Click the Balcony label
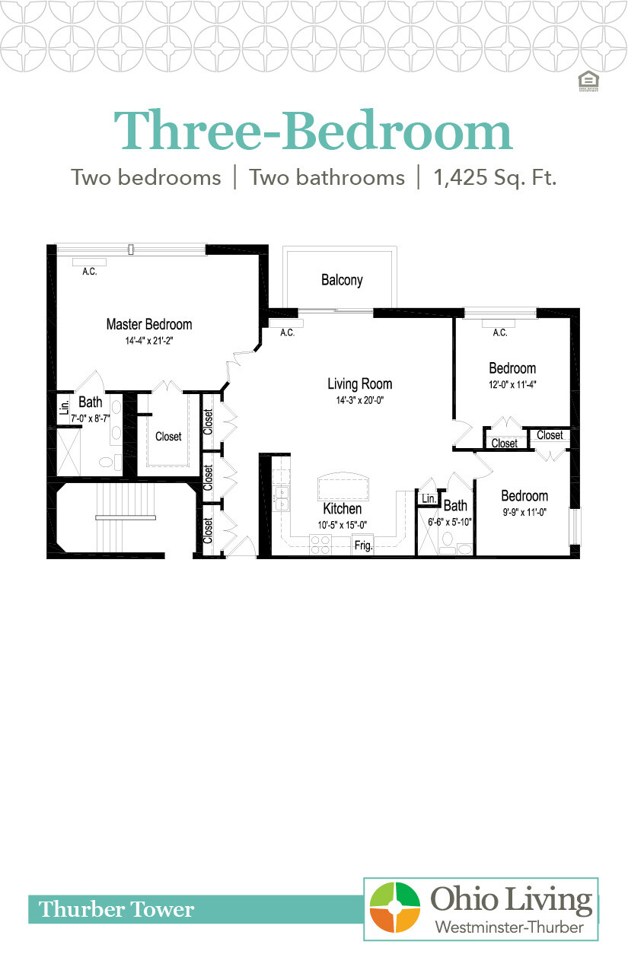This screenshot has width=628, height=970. pos(342,280)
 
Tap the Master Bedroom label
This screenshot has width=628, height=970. pos(148,324)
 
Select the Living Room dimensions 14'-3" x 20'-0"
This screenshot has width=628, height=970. pos(359,401)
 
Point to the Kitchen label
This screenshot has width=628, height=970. pos(342,508)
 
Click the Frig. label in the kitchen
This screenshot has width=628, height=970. pos(362,545)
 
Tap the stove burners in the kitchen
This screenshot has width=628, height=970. pos(320,545)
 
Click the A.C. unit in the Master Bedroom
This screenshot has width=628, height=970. pos(90,262)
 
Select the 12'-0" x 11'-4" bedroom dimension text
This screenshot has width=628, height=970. pos(512,384)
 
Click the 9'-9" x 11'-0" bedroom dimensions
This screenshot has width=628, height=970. pos(524,512)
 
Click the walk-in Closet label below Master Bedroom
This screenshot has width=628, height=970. pos(168,437)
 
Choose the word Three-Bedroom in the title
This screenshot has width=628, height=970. pos(313,131)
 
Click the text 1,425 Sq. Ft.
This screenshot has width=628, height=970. pos(495,178)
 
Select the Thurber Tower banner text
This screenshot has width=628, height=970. pos(116,909)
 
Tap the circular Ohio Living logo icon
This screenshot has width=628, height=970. pos(395,908)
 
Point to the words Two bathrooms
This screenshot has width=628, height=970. pos(327,178)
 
